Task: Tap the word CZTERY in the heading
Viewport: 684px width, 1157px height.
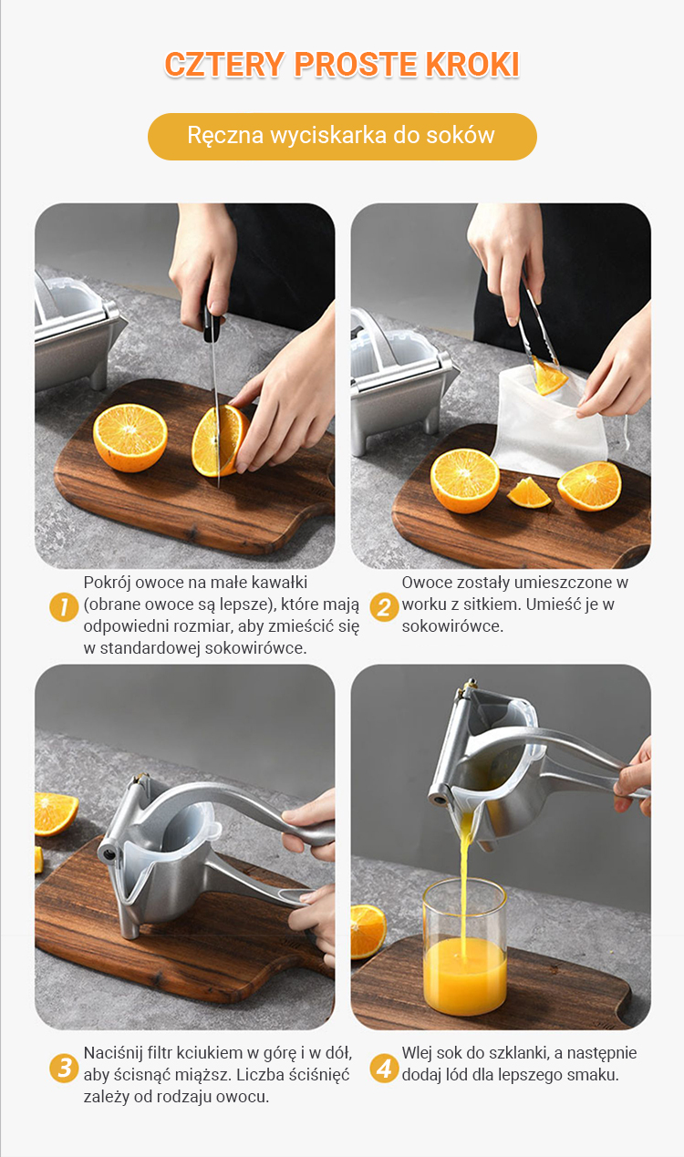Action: [224, 65]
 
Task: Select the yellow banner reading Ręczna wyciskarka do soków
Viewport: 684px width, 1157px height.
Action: [342, 137]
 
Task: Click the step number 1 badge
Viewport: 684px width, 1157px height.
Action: [64, 607]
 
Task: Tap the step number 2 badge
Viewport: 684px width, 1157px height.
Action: [384, 607]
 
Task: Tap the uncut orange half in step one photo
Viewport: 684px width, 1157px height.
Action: [130, 438]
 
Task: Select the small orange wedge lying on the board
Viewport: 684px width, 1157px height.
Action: [529, 492]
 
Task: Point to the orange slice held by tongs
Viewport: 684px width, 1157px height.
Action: [548, 377]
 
